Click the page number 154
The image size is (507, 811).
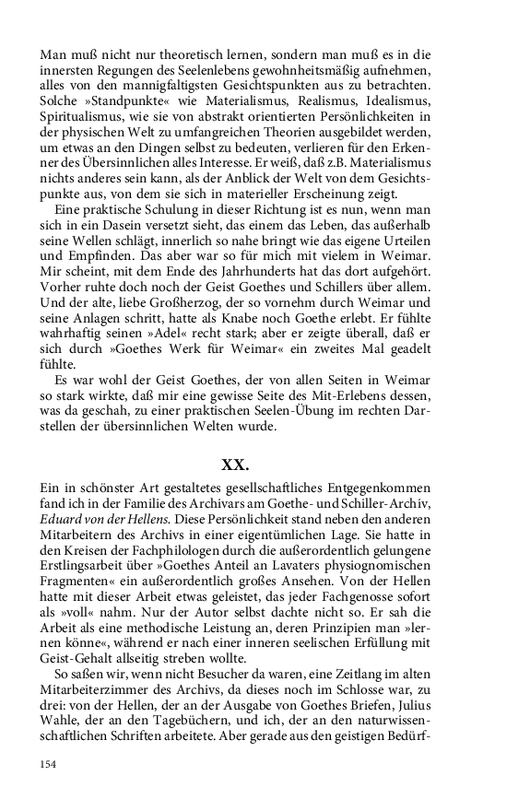click(49, 765)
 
